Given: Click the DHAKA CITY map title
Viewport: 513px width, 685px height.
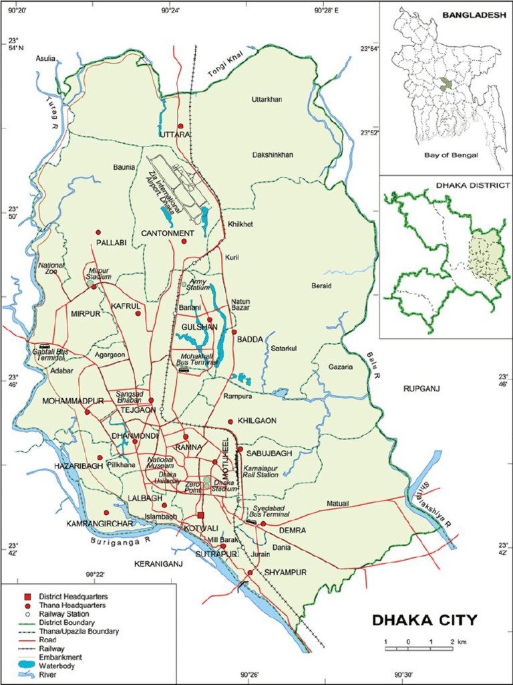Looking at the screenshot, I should coord(424,620).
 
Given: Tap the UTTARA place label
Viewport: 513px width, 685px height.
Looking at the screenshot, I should coord(176,135).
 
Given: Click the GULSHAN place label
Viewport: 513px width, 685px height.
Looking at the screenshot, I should coord(200,326).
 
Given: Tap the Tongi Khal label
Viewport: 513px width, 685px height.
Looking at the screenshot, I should coord(223,70).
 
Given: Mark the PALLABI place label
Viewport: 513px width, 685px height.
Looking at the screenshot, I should coord(111,242).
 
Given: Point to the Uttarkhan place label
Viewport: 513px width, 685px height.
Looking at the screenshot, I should coord(267,100).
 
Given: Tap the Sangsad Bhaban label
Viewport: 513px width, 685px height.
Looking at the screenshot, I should coord(130,397).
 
